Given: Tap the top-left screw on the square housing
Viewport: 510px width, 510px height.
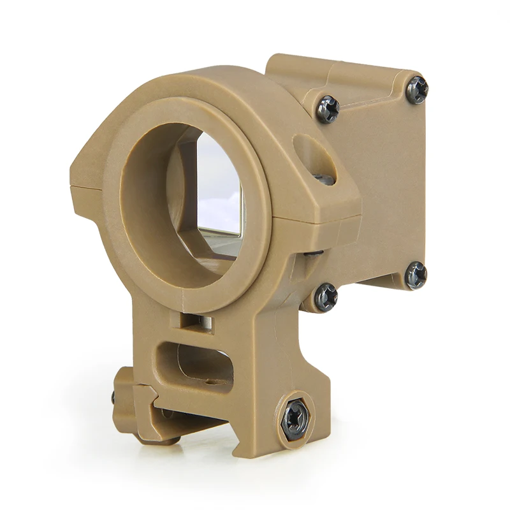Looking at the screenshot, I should pyautogui.click(x=328, y=109).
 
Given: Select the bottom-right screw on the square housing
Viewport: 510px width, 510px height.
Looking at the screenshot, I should pyautogui.click(x=416, y=275).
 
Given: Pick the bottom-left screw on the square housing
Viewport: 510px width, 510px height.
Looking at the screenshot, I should pyautogui.click(x=326, y=296).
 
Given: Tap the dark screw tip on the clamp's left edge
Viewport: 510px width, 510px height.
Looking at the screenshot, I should pyautogui.click(x=114, y=397).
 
